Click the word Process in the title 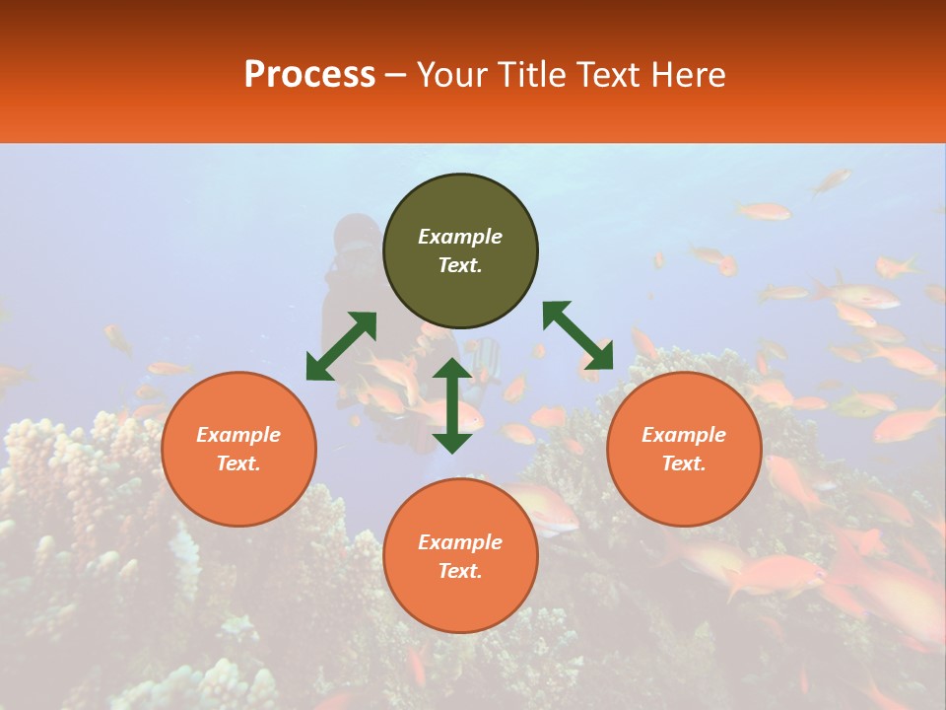pos(309,75)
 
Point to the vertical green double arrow pos(452,405)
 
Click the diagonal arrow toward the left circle pos(341,346)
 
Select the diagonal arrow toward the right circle pos(578,335)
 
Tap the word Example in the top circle pos(460,237)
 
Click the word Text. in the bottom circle pos(460,571)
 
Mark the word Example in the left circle pos(238,435)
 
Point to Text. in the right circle pos(684,463)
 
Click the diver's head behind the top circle pos(356,234)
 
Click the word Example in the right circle pos(684,435)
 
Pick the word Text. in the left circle pos(238,463)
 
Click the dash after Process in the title pos(396,76)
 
